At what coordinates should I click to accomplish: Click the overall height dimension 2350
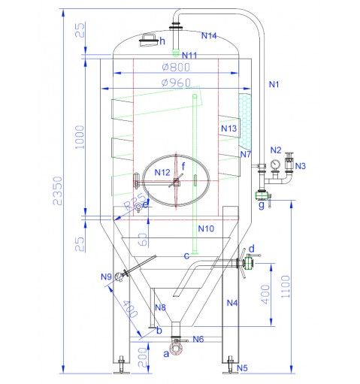click(58, 191)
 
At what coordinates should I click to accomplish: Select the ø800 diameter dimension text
click(176, 67)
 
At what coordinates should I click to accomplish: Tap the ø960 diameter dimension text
click(176, 83)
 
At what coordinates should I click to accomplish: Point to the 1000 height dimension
click(80, 137)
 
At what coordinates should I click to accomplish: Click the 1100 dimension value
click(286, 286)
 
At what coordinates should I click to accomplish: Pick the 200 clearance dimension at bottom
click(143, 357)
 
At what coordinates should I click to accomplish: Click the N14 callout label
click(209, 36)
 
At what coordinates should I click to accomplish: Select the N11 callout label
click(189, 55)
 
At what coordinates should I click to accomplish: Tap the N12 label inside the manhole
click(162, 172)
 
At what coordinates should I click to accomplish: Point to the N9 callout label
click(106, 277)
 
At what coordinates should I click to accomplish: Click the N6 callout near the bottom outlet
click(198, 339)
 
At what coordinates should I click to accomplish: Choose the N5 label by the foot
click(242, 368)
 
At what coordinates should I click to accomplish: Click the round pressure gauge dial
click(275, 165)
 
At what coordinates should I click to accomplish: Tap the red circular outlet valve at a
click(176, 349)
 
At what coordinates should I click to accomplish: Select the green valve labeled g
click(262, 195)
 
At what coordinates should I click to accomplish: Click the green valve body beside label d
click(249, 262)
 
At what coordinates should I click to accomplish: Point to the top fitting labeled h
click(150, 40)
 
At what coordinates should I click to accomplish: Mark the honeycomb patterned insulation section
click(245, 122)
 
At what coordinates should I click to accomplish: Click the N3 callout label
click(301, 166)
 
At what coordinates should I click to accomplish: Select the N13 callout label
click(228, 129)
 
